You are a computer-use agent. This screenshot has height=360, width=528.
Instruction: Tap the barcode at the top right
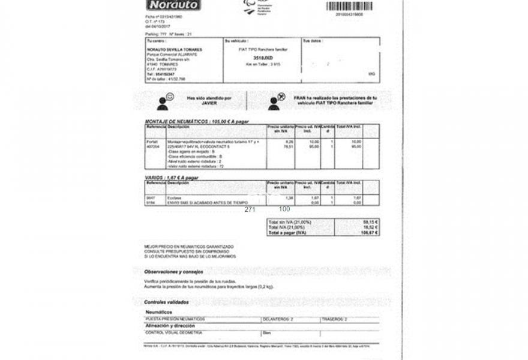pyautogui.click(x=349, y=6)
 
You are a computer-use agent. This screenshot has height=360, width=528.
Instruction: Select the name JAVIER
pyautogui.click(x=208, y=103)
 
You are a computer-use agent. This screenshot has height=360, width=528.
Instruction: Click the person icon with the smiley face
pyautogui.click(x=165, y=101)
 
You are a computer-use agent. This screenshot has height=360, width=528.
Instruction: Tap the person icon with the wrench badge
pyautogui.click(x=277, y=101)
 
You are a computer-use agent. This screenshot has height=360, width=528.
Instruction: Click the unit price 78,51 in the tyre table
pyautogui.click(x=288, y=146)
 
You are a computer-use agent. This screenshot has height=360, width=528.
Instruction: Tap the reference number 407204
pyautogui.click(x=153, y=146)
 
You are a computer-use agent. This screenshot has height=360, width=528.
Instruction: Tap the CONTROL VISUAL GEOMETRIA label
pyautogui.click(x=174, y=332)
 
